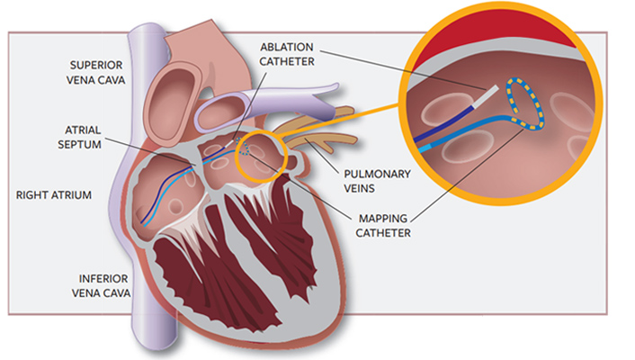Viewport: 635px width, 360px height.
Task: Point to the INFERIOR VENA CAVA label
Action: [102, 285]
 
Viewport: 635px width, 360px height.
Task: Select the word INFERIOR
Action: [102, 278]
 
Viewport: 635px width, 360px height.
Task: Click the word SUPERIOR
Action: [102, 65]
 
